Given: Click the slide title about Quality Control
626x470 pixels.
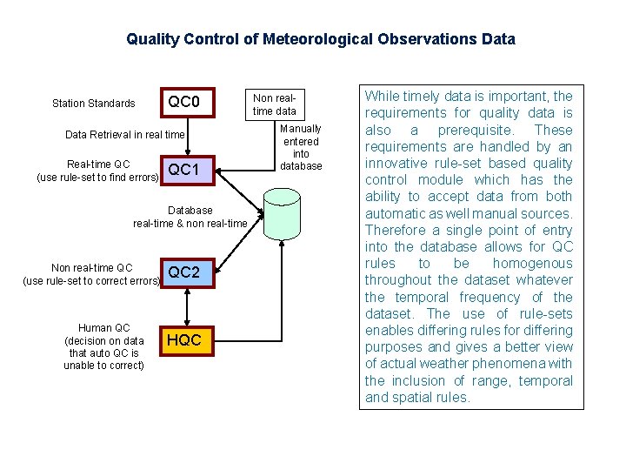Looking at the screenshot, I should click(320, 39).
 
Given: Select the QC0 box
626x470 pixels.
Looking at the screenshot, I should click(184, 104).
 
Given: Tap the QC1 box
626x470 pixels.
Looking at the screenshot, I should click(184, 170).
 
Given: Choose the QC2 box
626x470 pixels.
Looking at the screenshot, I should click(184, 273).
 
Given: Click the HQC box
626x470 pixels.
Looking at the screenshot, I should click(184, 340).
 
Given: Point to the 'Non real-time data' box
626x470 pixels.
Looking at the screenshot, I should click(274, 104).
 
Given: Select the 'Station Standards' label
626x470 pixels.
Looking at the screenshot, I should click(94, 104).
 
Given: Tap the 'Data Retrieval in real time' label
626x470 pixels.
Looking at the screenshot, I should click(125, 135).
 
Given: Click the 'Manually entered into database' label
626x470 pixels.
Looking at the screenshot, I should click(302, 147).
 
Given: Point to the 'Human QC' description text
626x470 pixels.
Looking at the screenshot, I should click(103, 346).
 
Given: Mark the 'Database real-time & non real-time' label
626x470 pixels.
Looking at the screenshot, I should click(190, 217).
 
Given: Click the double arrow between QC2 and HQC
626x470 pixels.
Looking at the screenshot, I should click(184, 307).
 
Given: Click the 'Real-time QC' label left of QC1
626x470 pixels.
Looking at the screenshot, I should click(98, 164).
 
